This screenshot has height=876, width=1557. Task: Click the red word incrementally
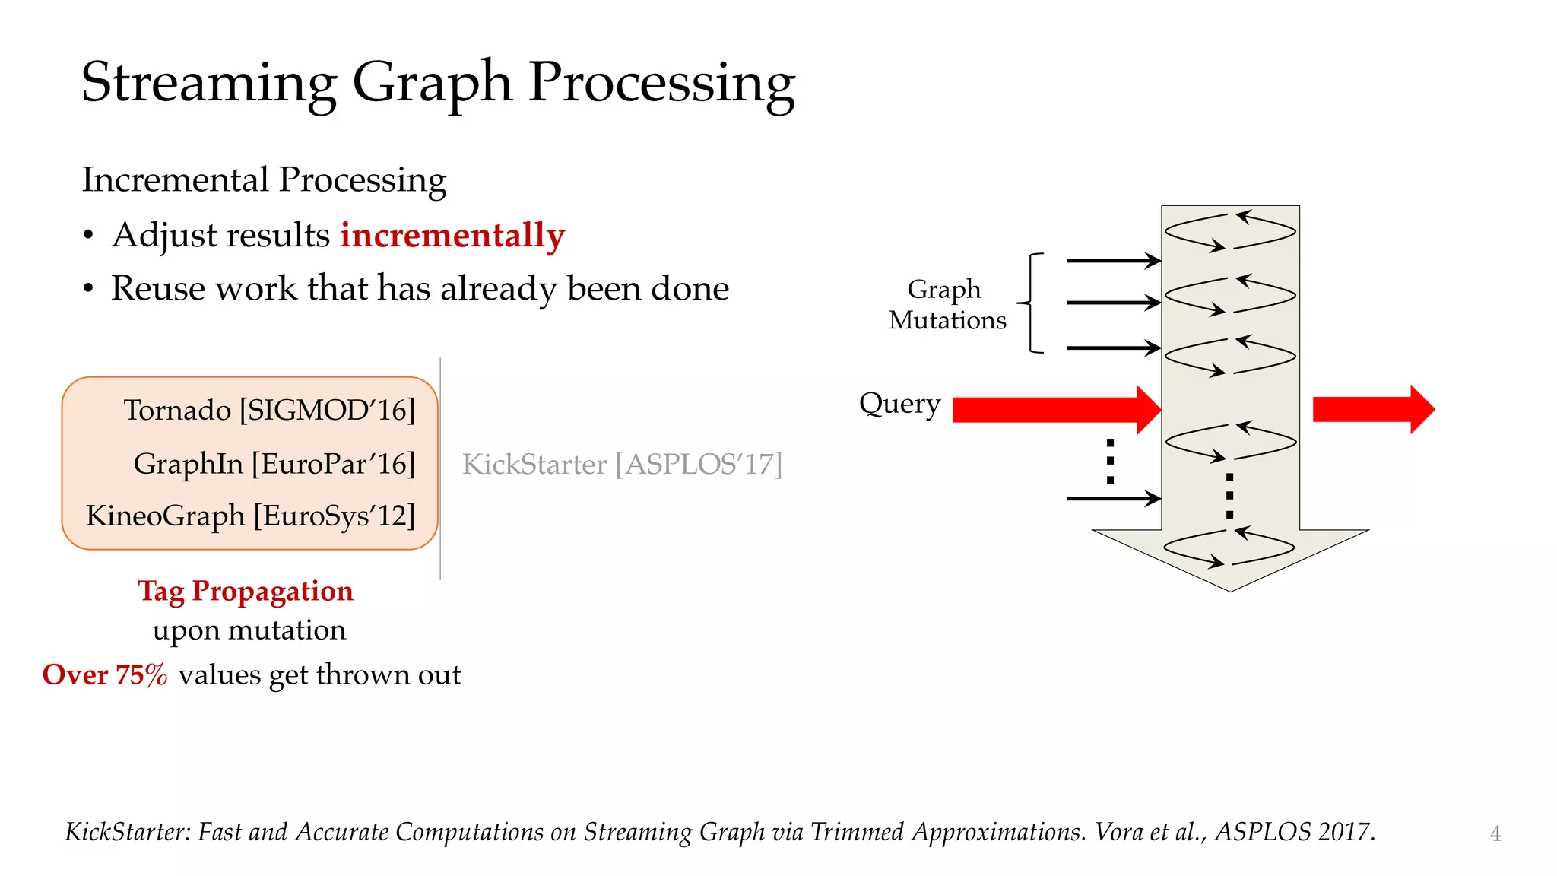click(452, 235)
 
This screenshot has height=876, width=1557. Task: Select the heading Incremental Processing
click(264, 180)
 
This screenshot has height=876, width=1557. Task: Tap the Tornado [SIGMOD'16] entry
click(269, 411)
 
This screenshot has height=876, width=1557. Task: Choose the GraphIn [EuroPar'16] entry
click(274, 464)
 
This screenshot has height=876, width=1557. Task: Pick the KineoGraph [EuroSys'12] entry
click(250, 516)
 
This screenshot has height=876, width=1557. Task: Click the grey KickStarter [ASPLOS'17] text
click(622, 464)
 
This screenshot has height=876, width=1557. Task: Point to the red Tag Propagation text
click(246, 591)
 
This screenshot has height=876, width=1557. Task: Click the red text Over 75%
click(105, 674)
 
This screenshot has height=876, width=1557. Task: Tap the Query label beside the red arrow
click(899, 403)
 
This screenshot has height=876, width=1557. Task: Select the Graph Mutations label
click(947, 304)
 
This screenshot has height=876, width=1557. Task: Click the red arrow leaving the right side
click(1372, 409)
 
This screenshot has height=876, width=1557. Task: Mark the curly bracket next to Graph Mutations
click(1032, 303)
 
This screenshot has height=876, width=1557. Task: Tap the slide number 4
click(1495, 833)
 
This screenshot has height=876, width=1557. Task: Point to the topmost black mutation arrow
click(1113, 261)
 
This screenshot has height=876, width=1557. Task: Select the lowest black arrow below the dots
click(1113, 499)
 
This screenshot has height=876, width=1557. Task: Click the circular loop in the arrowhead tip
click(1229, 547)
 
